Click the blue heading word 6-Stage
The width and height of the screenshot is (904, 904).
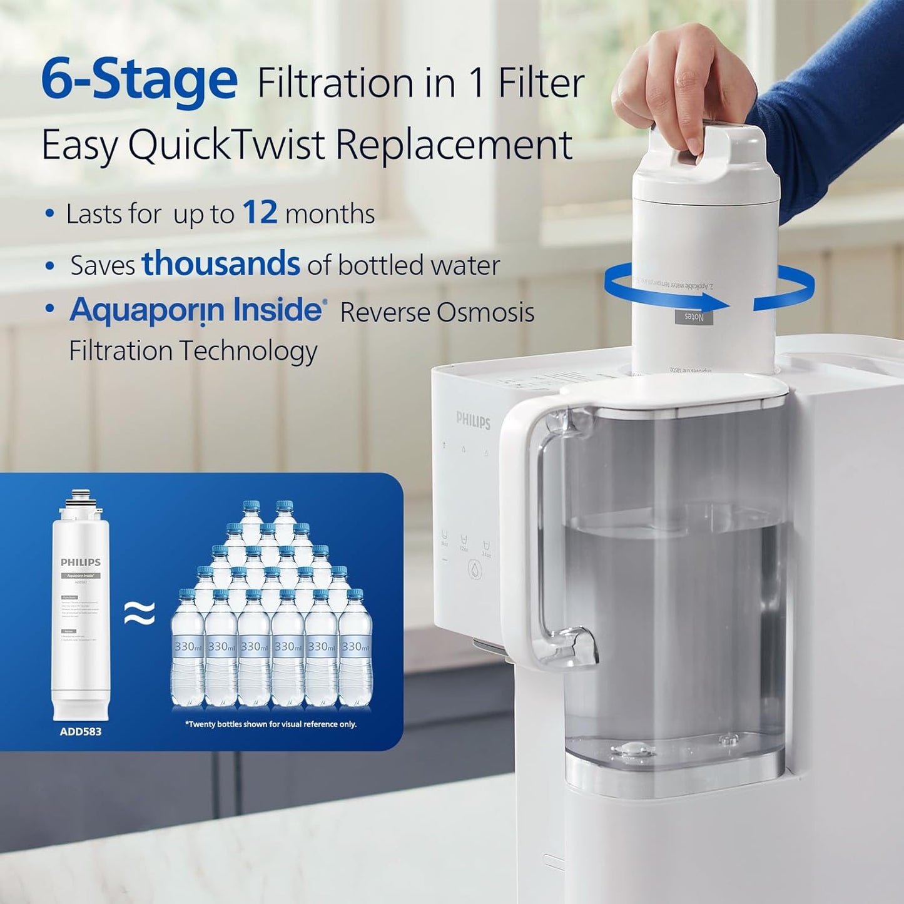point(139,79)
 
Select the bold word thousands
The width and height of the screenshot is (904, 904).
point(220,263)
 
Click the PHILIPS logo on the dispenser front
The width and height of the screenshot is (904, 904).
point(473,420)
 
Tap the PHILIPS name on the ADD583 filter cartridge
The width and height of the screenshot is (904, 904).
point(80,562)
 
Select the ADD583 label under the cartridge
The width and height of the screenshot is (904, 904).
point(80,731)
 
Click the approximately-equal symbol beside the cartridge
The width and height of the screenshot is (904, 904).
point(140,614)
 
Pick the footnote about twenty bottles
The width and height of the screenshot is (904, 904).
point(270,724)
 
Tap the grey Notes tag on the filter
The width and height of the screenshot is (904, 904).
point(693,317)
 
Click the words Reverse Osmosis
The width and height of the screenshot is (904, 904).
point(437,312)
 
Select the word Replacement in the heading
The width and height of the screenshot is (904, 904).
point(454,145)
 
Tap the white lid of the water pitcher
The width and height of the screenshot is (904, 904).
point(676,391)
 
